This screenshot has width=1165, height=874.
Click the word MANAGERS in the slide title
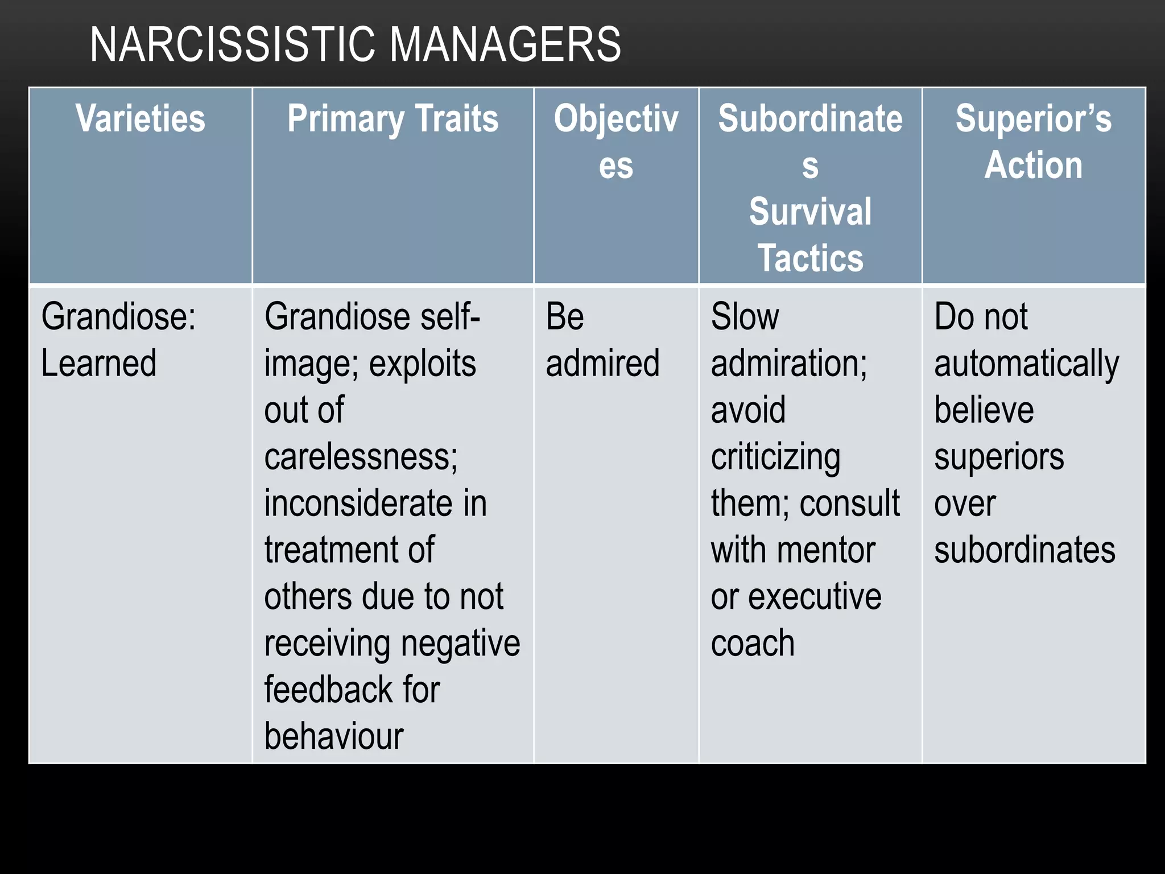506,45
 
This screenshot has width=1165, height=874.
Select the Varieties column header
141,119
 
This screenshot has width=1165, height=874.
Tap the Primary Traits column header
393,119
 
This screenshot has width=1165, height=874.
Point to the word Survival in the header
810,212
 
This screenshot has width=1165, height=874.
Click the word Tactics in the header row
810,258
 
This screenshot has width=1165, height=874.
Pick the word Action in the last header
1033,166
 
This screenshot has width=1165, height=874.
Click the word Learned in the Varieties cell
99,364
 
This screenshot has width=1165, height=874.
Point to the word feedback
327,690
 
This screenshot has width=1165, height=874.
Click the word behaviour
334,736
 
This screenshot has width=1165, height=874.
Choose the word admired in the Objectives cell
602,364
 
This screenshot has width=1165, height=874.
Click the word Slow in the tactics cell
745,317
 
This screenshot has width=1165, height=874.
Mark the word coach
753,644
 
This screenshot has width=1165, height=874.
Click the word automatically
1026,365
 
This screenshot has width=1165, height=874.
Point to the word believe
984,410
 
